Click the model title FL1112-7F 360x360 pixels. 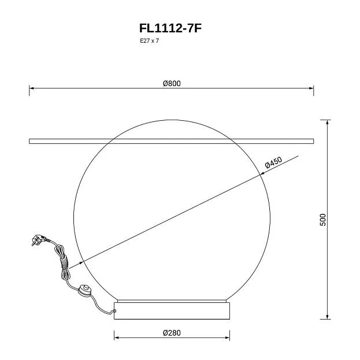click(170, 28)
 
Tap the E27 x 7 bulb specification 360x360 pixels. click(150, 41)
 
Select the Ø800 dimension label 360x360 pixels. click(172, 83)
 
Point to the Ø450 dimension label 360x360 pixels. click(273, 162)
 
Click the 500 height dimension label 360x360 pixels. click(323, 220)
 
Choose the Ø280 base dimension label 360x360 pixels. click(172, 333)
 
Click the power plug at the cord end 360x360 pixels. click(38, 240)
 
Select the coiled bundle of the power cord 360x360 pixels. click(63, 262)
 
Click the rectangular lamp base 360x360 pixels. click(172, 311)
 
